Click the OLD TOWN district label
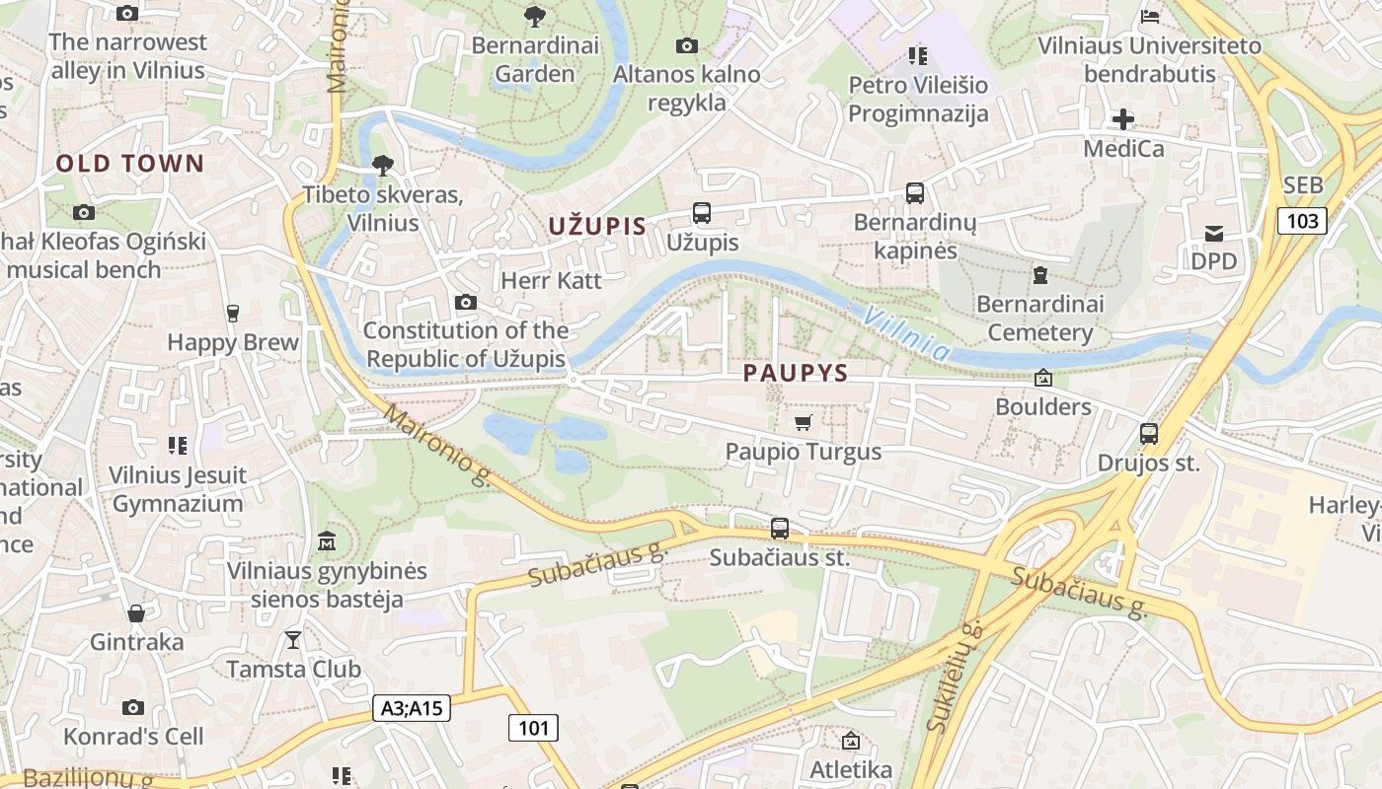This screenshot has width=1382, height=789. (129, 164)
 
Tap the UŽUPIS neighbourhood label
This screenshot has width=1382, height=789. (597, 226)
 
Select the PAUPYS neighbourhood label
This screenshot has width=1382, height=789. (796, 373)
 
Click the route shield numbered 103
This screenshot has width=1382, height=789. (1302, 220)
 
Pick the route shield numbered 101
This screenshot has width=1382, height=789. (533, 728)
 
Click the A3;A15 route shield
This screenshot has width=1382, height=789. (412, 707)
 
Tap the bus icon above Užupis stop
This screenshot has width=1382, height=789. (702, 213)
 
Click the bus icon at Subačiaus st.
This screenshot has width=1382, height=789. (780, 529)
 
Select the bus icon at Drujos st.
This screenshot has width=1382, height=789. (1148, 434)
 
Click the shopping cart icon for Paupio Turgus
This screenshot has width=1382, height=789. (803, 423)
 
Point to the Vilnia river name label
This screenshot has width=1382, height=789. (906, 332)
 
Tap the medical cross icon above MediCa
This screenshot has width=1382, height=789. (1122, 120)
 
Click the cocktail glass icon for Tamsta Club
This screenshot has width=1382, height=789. (293, 640)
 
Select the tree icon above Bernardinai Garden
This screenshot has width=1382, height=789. (535, 17)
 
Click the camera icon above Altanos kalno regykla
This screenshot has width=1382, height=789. (686, 45)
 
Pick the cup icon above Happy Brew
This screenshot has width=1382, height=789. (233, 314)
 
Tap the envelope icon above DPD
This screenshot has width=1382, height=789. (1213, 234)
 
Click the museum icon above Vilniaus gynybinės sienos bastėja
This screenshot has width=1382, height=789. (327, 541)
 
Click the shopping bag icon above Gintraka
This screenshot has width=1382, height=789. (136, 613)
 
